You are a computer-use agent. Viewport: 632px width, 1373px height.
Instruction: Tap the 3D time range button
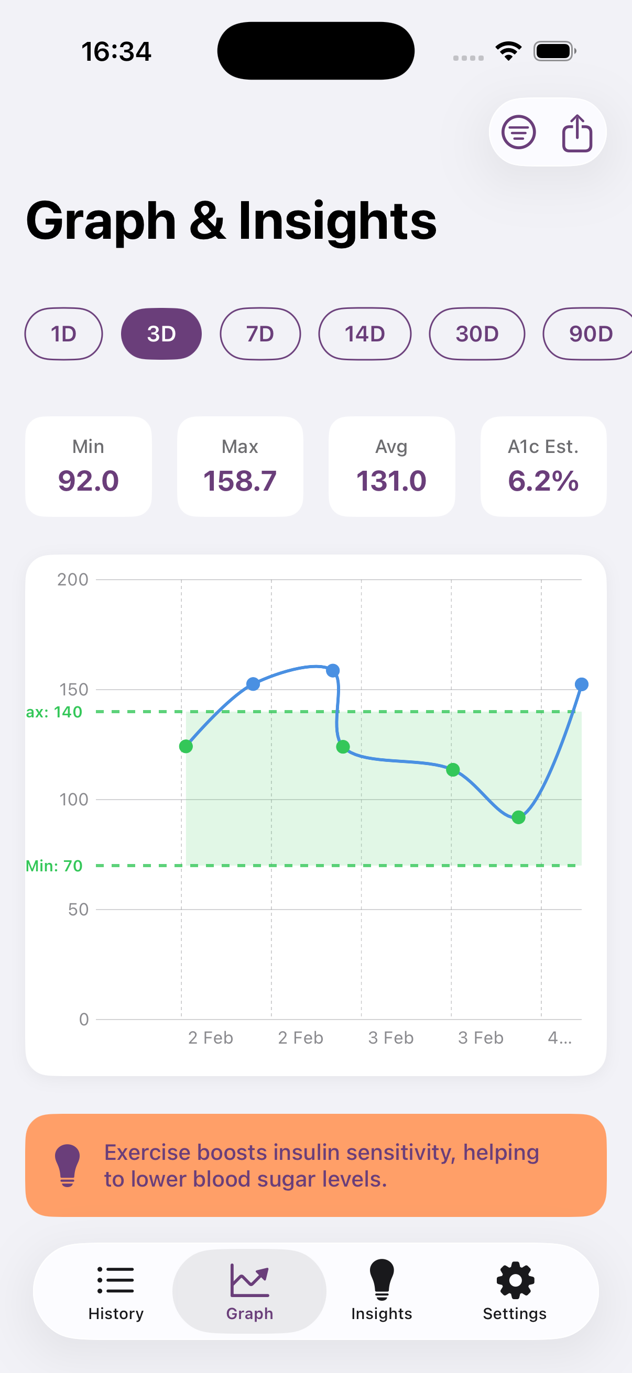click(161, 334)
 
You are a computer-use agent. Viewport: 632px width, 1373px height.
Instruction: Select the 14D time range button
click(365, 334)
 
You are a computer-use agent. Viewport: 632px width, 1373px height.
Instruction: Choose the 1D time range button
click(63, 334)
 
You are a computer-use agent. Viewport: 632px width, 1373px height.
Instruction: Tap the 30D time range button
click(477, 334)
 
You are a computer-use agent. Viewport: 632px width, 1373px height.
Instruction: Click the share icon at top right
click(577, 133)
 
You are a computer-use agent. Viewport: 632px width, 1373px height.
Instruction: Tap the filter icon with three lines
click(518, 132)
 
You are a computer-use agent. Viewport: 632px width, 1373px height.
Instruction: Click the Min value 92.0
click(89, 481)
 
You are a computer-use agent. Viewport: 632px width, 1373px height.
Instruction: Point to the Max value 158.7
click(240, 481)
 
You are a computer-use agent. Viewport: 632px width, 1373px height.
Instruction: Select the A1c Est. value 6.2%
click(543, 481)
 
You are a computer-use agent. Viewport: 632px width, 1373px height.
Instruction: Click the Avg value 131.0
click(391, 481)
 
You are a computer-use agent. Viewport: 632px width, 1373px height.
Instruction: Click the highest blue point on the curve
click(333, 670)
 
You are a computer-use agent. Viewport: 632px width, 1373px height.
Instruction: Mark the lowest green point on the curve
click(518, 817)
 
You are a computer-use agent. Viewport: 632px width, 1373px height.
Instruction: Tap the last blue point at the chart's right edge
click(581, 684)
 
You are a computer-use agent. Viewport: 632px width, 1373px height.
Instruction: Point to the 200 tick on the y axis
click(73, 579)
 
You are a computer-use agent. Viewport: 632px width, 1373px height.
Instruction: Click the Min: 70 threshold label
click(55, 866)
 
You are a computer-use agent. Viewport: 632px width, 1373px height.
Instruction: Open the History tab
click(116, 1291)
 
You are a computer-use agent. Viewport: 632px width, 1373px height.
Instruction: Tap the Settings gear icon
click(515, 1280)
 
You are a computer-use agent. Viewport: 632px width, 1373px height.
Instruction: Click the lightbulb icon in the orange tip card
click(68, 1165)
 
